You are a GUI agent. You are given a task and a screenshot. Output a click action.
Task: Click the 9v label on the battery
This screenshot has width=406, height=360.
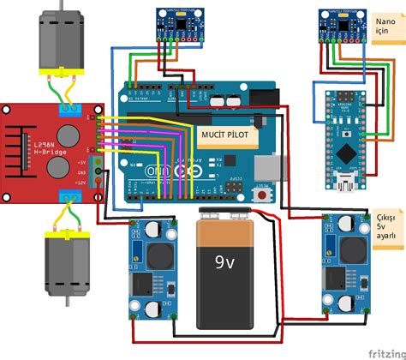[224, 262]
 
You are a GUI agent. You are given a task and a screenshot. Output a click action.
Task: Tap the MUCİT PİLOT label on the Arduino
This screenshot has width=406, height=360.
[230, 135]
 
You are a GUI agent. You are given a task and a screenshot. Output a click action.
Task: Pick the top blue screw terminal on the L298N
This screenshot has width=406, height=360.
[72, 108]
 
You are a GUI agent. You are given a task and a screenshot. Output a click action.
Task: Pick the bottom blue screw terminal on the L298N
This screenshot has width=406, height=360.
[72, 197]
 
